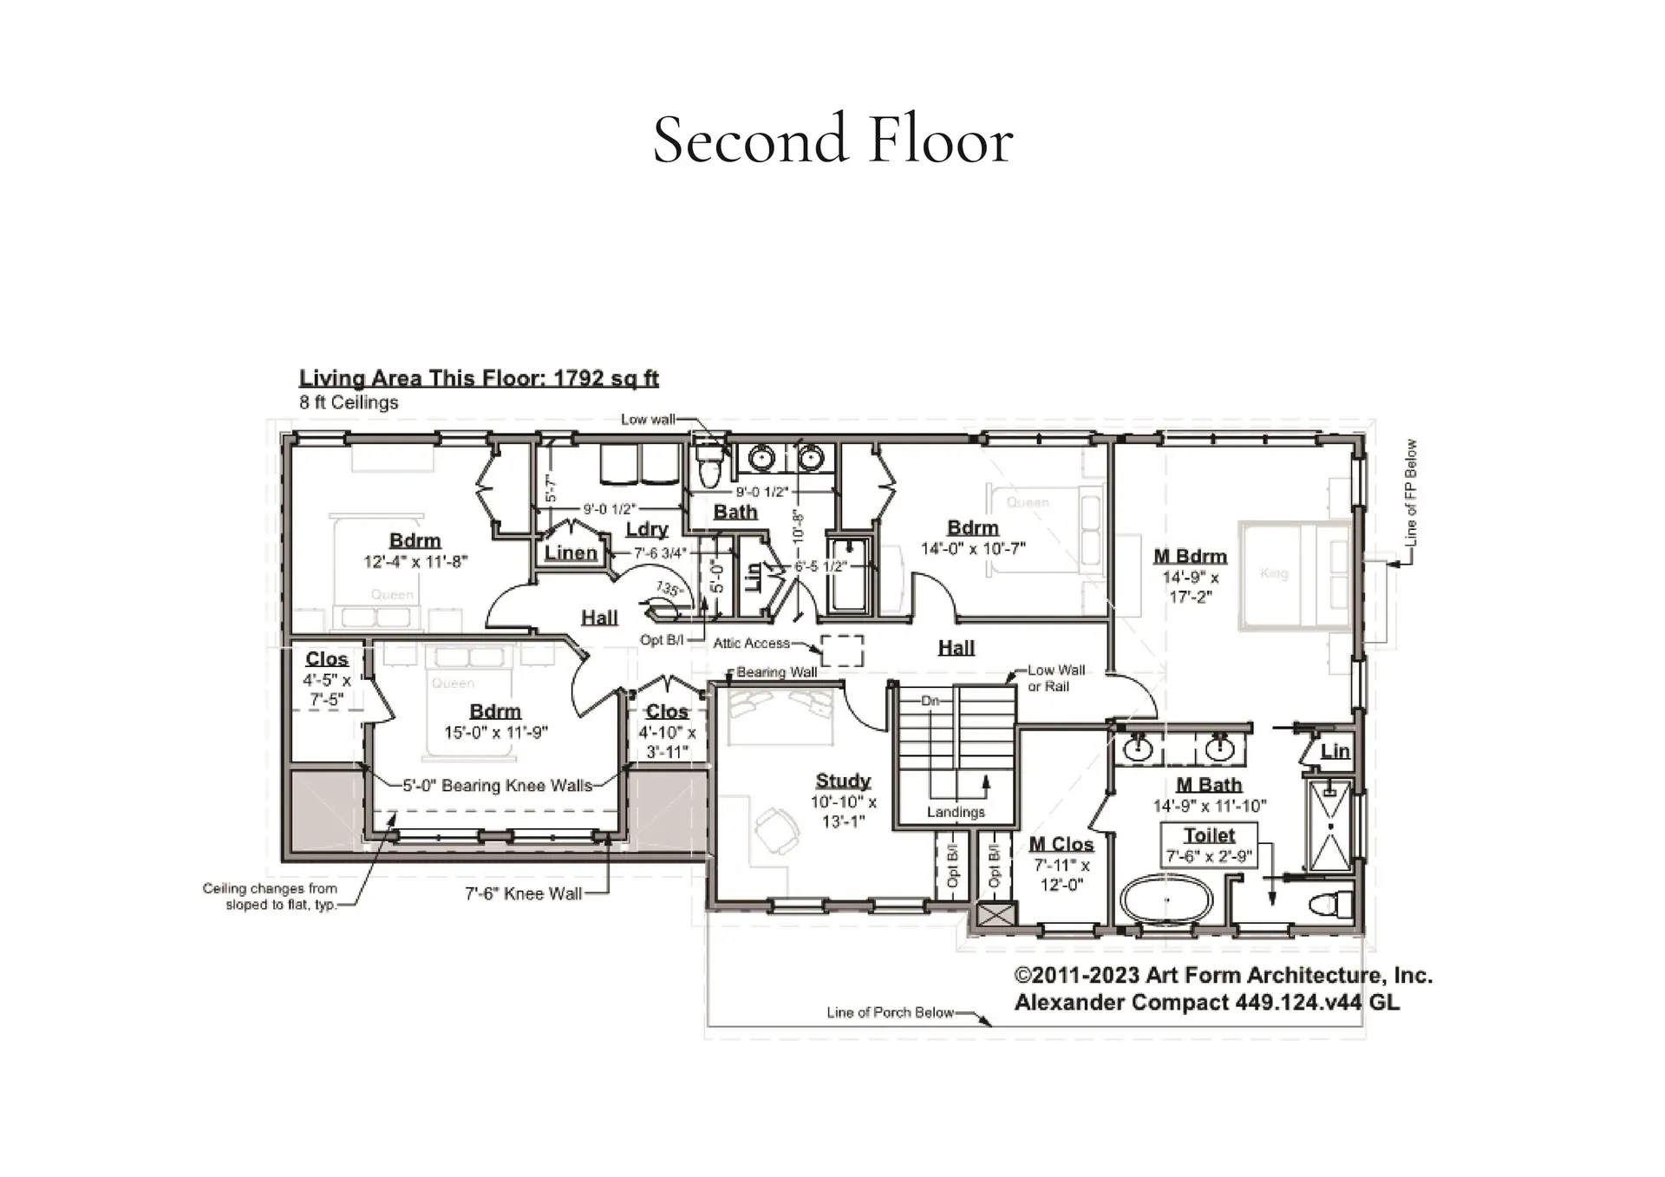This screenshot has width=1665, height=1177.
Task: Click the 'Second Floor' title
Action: point(832,140)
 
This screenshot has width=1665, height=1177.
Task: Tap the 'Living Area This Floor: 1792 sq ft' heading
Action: point(479,378)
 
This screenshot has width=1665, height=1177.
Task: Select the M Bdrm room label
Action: point(1190,556)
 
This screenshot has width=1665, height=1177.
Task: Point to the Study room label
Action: point(842,781)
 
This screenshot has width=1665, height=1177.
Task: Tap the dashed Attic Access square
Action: point(842,650)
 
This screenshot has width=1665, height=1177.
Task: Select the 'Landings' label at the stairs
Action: point(956,812)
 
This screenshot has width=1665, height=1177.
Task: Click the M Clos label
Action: point(1061,844)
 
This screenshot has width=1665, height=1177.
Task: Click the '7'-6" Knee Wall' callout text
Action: point(523,893)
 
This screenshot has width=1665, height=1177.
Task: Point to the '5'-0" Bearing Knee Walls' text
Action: point(497,786)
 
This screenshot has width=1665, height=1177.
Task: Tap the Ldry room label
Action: point(647,529)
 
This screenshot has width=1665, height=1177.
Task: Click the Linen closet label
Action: point(571,553)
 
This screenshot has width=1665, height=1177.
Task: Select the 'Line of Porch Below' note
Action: point(890,1012)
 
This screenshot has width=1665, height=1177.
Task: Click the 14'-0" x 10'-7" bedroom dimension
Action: point(973,548)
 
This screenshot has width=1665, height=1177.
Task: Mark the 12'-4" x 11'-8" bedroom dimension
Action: point(415,561)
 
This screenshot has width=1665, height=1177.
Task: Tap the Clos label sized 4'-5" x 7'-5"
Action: point(326,659)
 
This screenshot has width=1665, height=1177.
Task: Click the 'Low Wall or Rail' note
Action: point(1055,678)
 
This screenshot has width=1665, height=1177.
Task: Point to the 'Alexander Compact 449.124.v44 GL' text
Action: point(1206,1003)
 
